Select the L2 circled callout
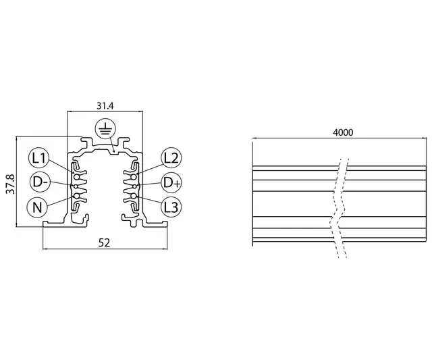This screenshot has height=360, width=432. tap(170, 159)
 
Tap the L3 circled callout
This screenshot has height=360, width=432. tap(170, 207)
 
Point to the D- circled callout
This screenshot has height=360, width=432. tap(39, 182)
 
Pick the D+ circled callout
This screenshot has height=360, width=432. tap(170, 182)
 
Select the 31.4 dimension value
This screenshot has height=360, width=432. tap(105, 106)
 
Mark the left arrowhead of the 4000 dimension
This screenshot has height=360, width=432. tap(254, 140)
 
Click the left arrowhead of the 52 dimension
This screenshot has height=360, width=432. tap(45, 249)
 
